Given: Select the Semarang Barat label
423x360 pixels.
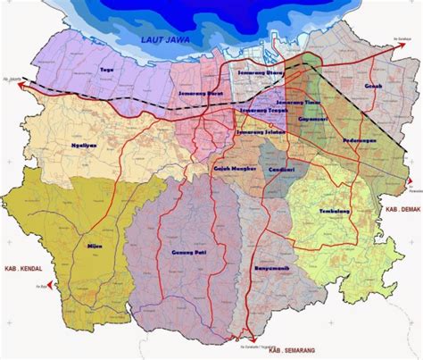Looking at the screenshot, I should [200, 93].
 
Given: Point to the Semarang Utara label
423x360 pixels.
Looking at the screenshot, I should [261, 69].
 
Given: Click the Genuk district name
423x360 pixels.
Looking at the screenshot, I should [372, 86].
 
